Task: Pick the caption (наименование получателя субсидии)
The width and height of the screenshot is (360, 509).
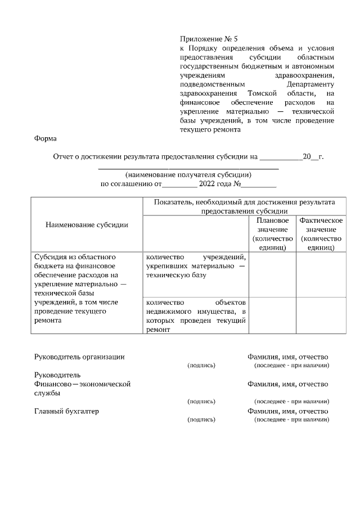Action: pyautogui.click(x=188, y=174)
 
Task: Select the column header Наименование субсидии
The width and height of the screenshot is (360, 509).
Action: pyautogui.click(x=87, y=224)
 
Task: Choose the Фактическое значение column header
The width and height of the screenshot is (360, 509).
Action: pyautogui.click(x=321, y=233)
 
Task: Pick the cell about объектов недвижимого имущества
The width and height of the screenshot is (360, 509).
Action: pyautogui.click(x=195, y=316)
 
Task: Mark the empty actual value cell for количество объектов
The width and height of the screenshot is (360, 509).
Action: pyautogui.click(x=321, y=316)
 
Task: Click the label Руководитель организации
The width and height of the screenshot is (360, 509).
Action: pyautogui.click(x=79, y=357)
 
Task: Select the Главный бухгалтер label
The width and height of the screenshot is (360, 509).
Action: pyautogui.click(x=66, y=411)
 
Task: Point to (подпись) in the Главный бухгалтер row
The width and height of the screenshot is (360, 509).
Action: pyautogui.click(x=201, y=420)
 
